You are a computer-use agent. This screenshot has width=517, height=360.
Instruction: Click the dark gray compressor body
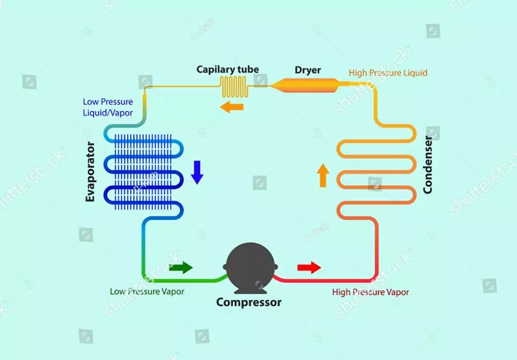click(x=250, y=267)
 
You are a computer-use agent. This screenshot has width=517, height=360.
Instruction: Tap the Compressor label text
click(x=249, y=302)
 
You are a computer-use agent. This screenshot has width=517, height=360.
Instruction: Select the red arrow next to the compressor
click(x=309, y=267)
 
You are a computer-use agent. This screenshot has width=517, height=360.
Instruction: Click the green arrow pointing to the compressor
click(x=181, y=267)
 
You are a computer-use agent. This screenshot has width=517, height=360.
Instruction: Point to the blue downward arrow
click(x=197, y=172)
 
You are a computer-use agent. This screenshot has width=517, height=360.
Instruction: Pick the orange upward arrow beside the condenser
click(x=323, y=176)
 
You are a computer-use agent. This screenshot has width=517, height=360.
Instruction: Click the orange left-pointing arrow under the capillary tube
click(x=232, y=107)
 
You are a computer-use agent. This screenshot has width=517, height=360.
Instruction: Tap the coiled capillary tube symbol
click(x=234, y=87)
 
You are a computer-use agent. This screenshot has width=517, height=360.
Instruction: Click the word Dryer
click(x=308, y=70)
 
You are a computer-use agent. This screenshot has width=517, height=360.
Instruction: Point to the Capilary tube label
click(x=227, y=70)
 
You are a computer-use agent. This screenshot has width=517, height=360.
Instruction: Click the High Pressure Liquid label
click(x=388, y=73)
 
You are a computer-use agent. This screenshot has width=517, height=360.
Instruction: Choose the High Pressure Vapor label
click(x=371, y=292)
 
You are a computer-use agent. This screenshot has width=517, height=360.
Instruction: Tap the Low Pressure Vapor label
click(x=147, y=292)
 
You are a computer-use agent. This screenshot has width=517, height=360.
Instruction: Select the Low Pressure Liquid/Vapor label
click(x=108, y=107)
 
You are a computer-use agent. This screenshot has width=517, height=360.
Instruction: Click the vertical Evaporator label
click(x=90, y=171)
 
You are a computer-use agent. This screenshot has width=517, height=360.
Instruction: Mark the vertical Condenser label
click(x=427, y=165)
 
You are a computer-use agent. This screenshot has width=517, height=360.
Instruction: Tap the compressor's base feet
click(x=250, y=291)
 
